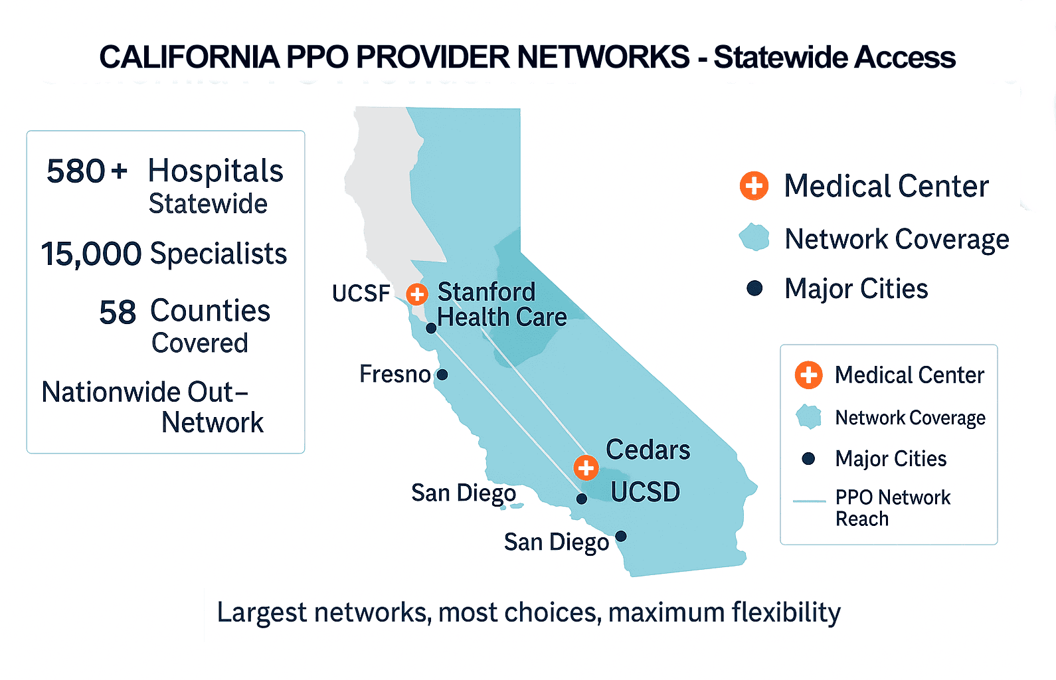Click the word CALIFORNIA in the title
pyautogui.click(x=189, y=57)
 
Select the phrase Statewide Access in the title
pyautogui.click(x=834, y=57)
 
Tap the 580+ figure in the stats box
pyautogui.click(x=86, y=171)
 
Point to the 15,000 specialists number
pyautogui.click(x=91, y=254)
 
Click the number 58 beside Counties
pyautogui.click(x=118, y=312)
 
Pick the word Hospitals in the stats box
pyautogui.click(x=215, y=171)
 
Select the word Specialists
pyautogui.click(x=219, y=254)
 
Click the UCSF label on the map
pyautogui.click(x=361, y=294)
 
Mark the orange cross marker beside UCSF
pyautogui.click(x=417, y=294)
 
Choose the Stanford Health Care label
pyautogui.click(x=501, y=305)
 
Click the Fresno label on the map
pyautogui.click(x=395, y=375)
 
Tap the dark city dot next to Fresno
pyautogui.click(x=442, y=375)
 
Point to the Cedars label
pyautogui.click(x=648, y=450)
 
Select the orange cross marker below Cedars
pyautogui.click(x=586, y=467)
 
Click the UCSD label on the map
pyautogui.click(x=645, y=492)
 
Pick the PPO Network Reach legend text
pyautogui.click(x=893, y=508)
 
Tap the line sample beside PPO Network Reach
pyautogui.click(x=809, y=501)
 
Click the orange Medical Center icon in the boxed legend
pyautogui.click(x=808, y=375)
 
